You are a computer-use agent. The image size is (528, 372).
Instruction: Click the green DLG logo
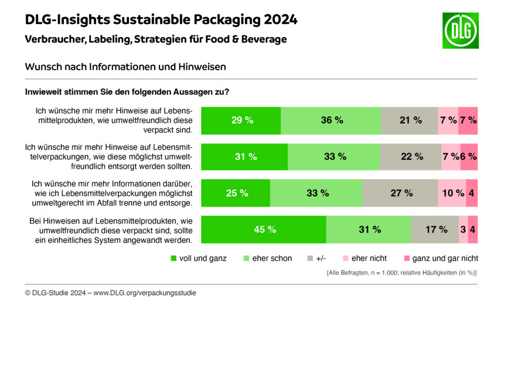460,31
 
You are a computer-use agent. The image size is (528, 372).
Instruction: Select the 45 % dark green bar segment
263,229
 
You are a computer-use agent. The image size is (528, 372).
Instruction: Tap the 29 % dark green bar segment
241,120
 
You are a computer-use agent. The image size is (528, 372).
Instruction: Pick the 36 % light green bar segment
331,120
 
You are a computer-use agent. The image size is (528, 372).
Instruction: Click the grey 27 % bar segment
400,193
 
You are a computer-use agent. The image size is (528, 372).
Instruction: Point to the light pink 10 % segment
452,193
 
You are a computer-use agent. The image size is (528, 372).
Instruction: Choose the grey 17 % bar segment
435,229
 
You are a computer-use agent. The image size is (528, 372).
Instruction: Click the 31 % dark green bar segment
244,157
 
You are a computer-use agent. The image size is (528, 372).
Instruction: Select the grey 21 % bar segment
409,120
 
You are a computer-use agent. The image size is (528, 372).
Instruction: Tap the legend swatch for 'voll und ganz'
173,258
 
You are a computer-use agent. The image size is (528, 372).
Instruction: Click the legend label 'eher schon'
272,258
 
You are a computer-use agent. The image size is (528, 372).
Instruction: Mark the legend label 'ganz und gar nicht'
445,258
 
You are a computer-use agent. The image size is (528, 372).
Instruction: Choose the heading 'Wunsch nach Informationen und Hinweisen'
125,67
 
